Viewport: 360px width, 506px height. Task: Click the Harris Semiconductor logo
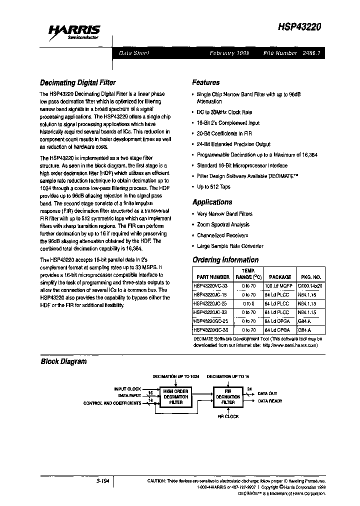[74, 32]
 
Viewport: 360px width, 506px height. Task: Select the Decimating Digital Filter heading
[78, 82]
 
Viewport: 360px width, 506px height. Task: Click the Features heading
[206, 82]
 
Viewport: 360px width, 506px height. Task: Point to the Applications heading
[212, 202]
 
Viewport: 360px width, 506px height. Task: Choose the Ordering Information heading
[225, 260]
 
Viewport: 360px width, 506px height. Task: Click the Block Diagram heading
[63, 361]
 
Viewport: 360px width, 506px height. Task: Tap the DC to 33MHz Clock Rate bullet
[224, 112]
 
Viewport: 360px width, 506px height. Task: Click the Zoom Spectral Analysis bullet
[223, 224]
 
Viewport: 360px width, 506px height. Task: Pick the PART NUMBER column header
[212, 276]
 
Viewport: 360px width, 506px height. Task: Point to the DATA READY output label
[270, 401]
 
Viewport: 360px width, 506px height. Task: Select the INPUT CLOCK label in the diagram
[127, 388]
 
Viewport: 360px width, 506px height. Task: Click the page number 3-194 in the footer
[102, 481]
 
